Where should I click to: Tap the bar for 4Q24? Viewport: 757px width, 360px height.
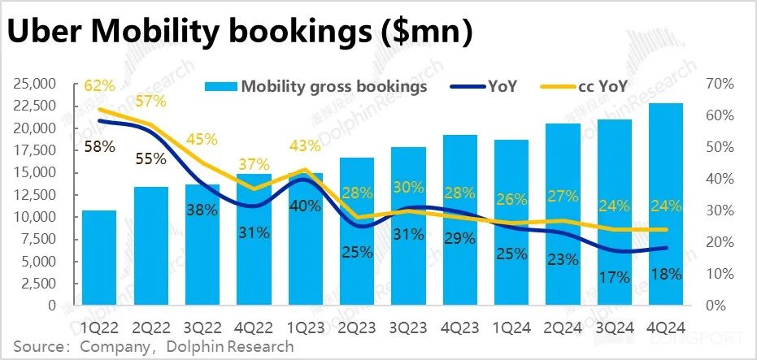[x=665, y=203]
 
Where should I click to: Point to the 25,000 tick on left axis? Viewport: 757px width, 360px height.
[x=30, y=84]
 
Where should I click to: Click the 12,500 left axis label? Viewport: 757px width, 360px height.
[x=30, y=195]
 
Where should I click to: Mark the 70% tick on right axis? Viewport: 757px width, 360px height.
[x=720, y=84]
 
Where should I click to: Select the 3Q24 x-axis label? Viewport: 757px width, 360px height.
[x=614, y=326]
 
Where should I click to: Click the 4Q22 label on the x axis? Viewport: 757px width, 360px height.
[x=253, y=326]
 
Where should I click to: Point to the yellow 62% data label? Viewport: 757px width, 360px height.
[x=99, y=85]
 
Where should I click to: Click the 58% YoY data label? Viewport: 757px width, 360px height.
[x=99, y=148]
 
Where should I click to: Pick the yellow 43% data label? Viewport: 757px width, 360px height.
[x=304, y=147]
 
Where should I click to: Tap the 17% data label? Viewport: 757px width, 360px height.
[x=614, y=277]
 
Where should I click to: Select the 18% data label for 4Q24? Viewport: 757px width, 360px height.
[x=666, y=274]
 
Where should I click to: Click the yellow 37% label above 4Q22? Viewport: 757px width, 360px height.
[x=254, y=166]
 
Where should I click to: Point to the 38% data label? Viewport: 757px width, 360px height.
[x=202, y=209]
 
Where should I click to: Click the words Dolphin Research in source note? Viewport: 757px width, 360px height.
[x=231, y=347]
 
